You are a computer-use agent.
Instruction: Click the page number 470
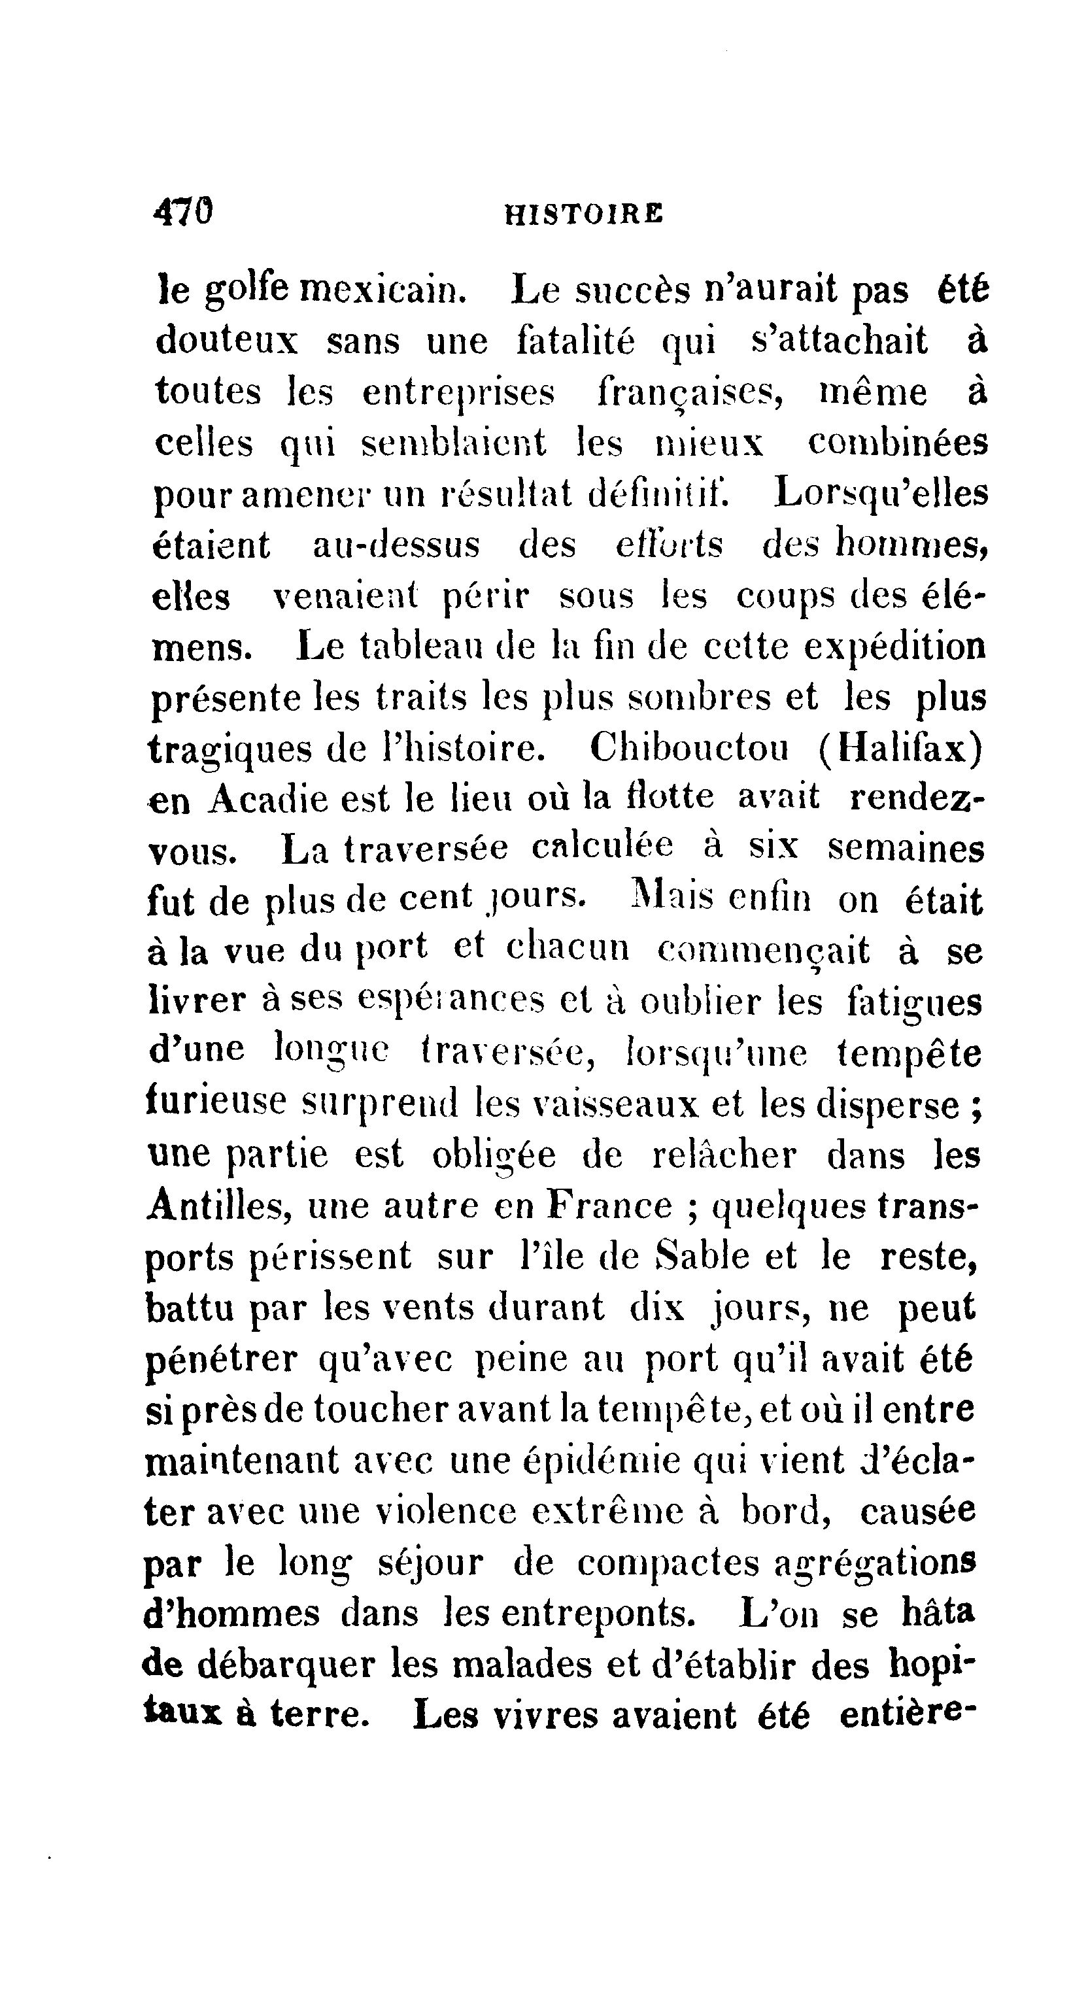184,211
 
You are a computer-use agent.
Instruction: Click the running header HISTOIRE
584,214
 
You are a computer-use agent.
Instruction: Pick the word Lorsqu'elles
881,494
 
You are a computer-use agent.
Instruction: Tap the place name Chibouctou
689,749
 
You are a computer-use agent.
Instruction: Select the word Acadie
267,799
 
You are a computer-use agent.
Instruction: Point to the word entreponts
598,1615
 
